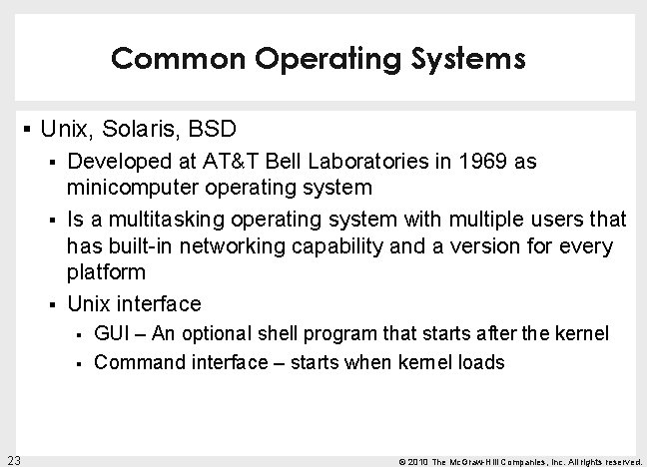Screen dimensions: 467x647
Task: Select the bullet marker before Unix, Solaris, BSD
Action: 24,130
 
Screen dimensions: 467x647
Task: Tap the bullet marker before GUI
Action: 79,334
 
